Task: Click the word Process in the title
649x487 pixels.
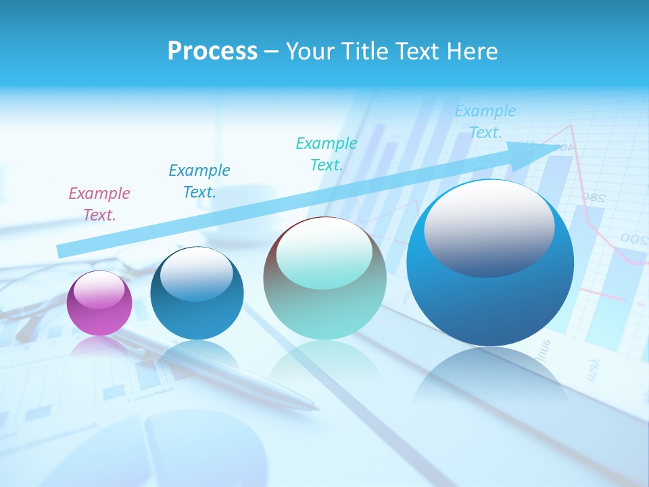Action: (212, 51)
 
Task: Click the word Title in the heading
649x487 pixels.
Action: (366, 51)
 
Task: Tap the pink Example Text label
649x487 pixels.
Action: (99, 204)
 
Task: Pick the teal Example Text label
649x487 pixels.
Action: (327, 154)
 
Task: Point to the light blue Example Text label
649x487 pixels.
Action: (485, 122)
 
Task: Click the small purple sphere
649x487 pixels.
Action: (99, 303)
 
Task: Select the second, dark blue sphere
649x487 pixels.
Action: (197, 293)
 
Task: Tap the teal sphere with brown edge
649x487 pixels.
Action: (324, 278)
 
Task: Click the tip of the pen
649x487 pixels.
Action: (317, 408)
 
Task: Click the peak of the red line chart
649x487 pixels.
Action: (572, 126)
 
